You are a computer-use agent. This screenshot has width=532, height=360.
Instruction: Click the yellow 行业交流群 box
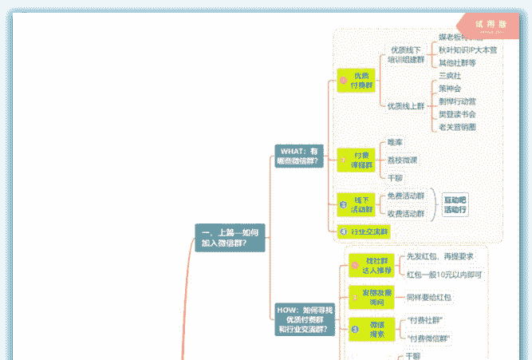coord(365,231)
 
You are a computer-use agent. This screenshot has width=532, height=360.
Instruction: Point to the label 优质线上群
coord(406,105)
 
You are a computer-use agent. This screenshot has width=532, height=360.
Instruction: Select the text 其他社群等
coord(457,62)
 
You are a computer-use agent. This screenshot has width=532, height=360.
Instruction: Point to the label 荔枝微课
coord(402,160)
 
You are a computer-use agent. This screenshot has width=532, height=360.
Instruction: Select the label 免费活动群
coord(406,196)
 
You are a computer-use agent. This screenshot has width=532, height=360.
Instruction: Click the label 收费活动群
coord(406,213)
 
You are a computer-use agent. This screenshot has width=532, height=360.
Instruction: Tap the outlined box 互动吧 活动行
coord(455,204)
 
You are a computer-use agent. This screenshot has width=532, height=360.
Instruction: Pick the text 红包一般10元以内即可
coord(443,274)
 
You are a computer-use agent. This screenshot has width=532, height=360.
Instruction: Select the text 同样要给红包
coord(429,297)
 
